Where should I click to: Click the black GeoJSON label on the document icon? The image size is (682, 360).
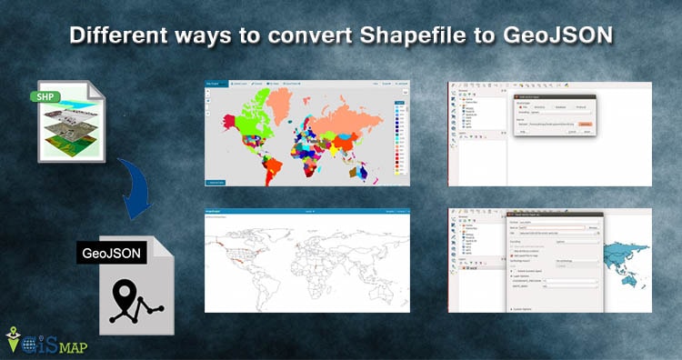(111, 255)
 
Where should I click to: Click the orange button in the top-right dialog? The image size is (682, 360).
(586, 123)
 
